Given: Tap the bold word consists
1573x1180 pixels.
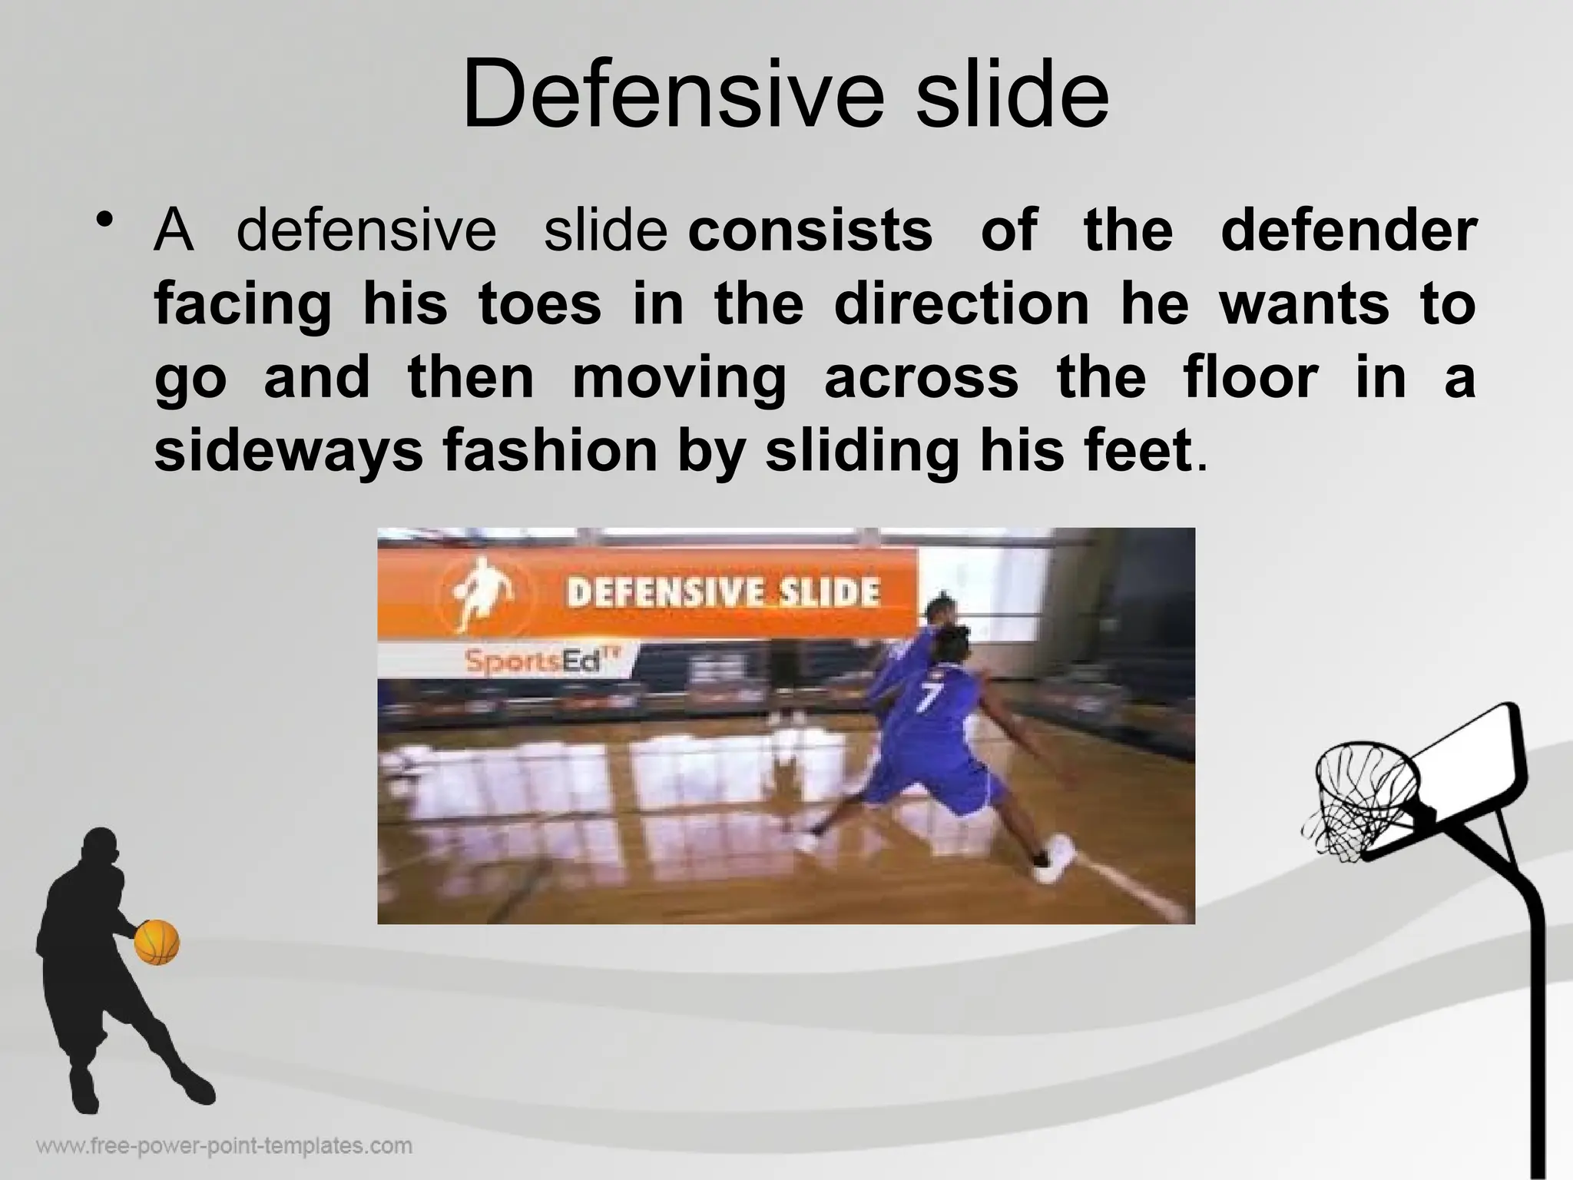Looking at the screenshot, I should click(810, 230).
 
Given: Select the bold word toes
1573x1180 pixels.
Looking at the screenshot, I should click(540, 304).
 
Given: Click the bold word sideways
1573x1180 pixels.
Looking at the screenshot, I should click(288, 452).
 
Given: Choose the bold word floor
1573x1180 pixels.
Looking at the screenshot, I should click(1253, 378).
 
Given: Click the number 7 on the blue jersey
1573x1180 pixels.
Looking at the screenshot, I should click(930, 697).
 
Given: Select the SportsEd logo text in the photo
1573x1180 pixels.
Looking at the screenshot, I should click(541, 660).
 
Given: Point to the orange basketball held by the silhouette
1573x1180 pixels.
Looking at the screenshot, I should click(157, 942).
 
